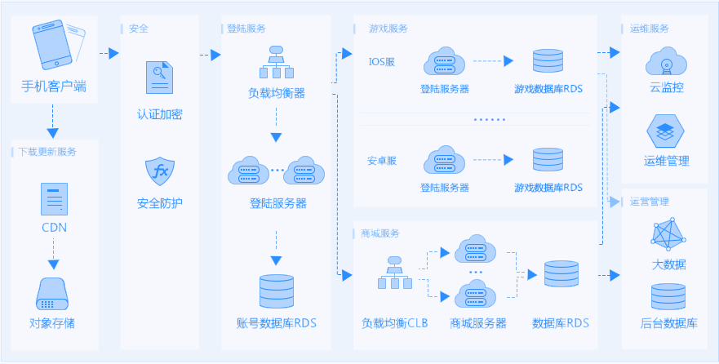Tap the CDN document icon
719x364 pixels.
(54, 199)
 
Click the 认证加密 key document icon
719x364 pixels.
(159, 78)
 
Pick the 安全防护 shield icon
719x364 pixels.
(159, 172)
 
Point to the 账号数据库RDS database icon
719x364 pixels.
(276, 291)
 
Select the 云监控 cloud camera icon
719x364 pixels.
(666, 61)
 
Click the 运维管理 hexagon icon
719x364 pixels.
(666, 131)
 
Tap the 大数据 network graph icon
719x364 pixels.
(668, 235)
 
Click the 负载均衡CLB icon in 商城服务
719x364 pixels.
(395, 274)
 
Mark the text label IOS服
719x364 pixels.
(381, 62)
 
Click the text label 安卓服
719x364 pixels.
(381, 161)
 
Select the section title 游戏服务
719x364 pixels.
(388, 28)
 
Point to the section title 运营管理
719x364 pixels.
(650, 202)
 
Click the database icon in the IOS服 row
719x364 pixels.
(548, 62)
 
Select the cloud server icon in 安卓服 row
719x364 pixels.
(444, 160)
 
